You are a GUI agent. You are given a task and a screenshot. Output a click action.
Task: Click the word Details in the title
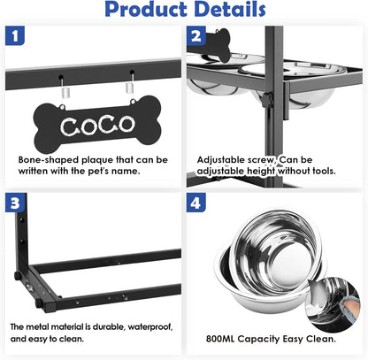pyautogui.click(x=224, y=11)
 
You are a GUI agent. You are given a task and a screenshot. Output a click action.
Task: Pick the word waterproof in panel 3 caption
pyautogui.click(x=149, y=326)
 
